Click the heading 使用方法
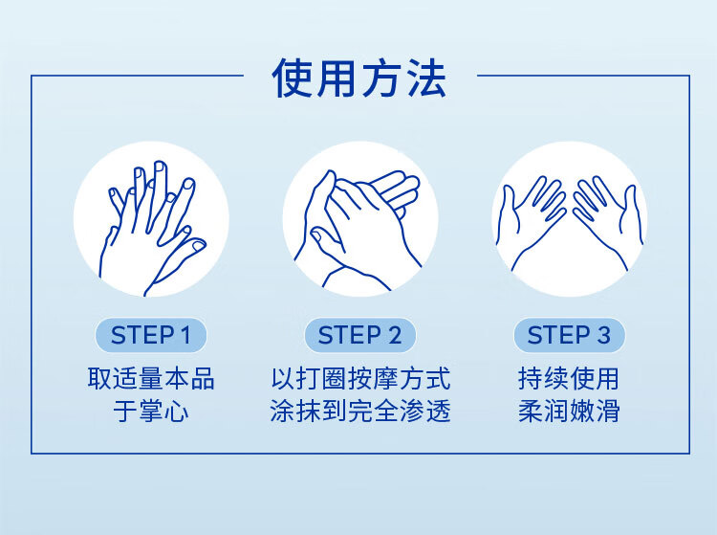point(358,78)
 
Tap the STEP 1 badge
point(151,335)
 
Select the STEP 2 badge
point(359,335)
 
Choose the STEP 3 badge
point(569,335)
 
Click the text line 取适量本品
point(151,378)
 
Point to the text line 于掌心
point(151,410)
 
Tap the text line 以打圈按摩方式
point(360,378)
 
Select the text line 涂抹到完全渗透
point(360,410)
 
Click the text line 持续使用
point(569,378)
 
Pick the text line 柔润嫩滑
point(569,410)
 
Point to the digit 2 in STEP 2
point(394,335)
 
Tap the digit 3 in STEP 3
point(603,335)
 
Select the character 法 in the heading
point(426,78)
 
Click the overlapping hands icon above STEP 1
point(151,219)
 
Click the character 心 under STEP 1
point(177,411)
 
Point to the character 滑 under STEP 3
point(608,411)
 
